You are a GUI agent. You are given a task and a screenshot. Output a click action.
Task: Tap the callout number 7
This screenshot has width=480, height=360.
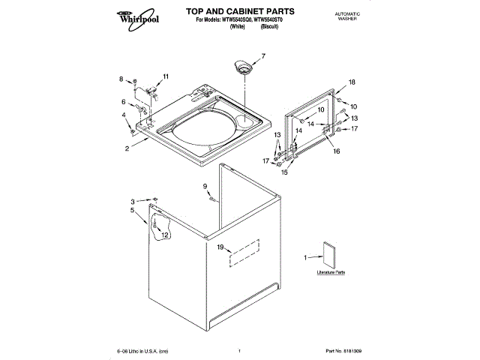tap(263, 55)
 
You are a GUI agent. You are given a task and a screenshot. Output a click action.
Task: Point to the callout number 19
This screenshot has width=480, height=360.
tap(220, 247)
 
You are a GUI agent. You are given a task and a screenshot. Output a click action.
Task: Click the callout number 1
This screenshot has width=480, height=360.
tap(305, 258)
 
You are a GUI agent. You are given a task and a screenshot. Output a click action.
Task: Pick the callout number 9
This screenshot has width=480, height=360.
tap(204, 186)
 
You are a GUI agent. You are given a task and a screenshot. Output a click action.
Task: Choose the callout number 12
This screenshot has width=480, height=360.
tap(164, 235)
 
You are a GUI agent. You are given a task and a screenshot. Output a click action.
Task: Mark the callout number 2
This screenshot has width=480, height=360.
tap(127, 148)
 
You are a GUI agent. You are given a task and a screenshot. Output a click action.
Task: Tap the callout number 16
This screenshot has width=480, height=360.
tap(337, 151)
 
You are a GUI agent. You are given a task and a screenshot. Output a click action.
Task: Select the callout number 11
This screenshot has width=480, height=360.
tap(166, 76)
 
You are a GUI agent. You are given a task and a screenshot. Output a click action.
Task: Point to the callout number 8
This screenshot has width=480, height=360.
tap(121, 79)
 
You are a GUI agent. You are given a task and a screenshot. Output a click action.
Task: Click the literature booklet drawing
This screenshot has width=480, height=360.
tap(328, 254)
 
